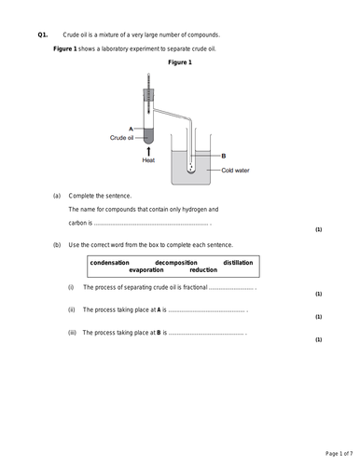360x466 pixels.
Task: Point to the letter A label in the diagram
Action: (131, 129)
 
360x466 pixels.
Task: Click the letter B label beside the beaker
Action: (223, 156)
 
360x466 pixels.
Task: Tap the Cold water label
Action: (238, 171)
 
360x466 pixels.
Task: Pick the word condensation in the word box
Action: (115, 262)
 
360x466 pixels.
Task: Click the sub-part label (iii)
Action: (72, 332)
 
